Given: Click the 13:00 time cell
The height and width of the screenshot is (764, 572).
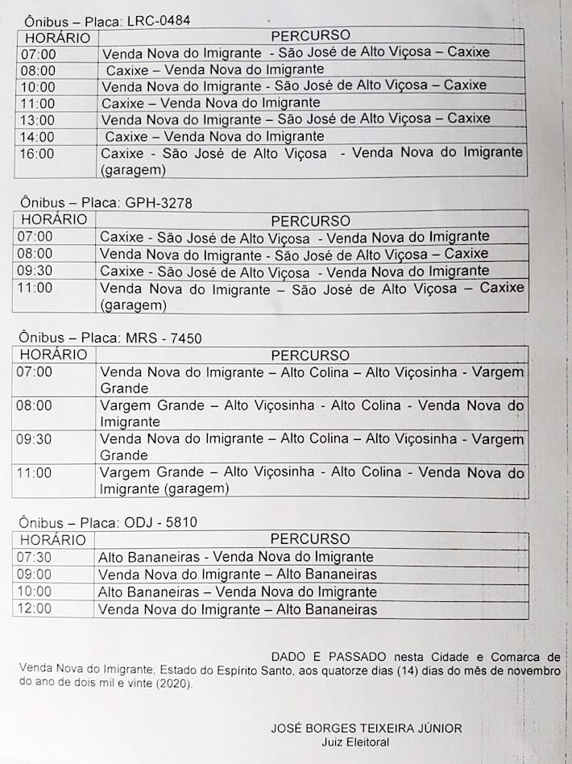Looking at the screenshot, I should pos(38,120).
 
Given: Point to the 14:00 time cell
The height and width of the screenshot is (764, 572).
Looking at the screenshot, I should pos(38,137).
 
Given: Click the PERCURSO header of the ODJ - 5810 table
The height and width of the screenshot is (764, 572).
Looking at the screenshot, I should pos(310,539).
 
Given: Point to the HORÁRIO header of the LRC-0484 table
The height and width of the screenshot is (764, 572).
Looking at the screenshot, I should pos(56,37).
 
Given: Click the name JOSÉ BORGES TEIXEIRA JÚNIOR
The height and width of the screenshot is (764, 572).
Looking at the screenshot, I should pos(367,729).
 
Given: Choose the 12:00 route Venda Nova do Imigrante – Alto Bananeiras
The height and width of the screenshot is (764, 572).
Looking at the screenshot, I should pos(238,609).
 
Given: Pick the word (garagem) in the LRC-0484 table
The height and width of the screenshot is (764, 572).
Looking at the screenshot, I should pos(133,170).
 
